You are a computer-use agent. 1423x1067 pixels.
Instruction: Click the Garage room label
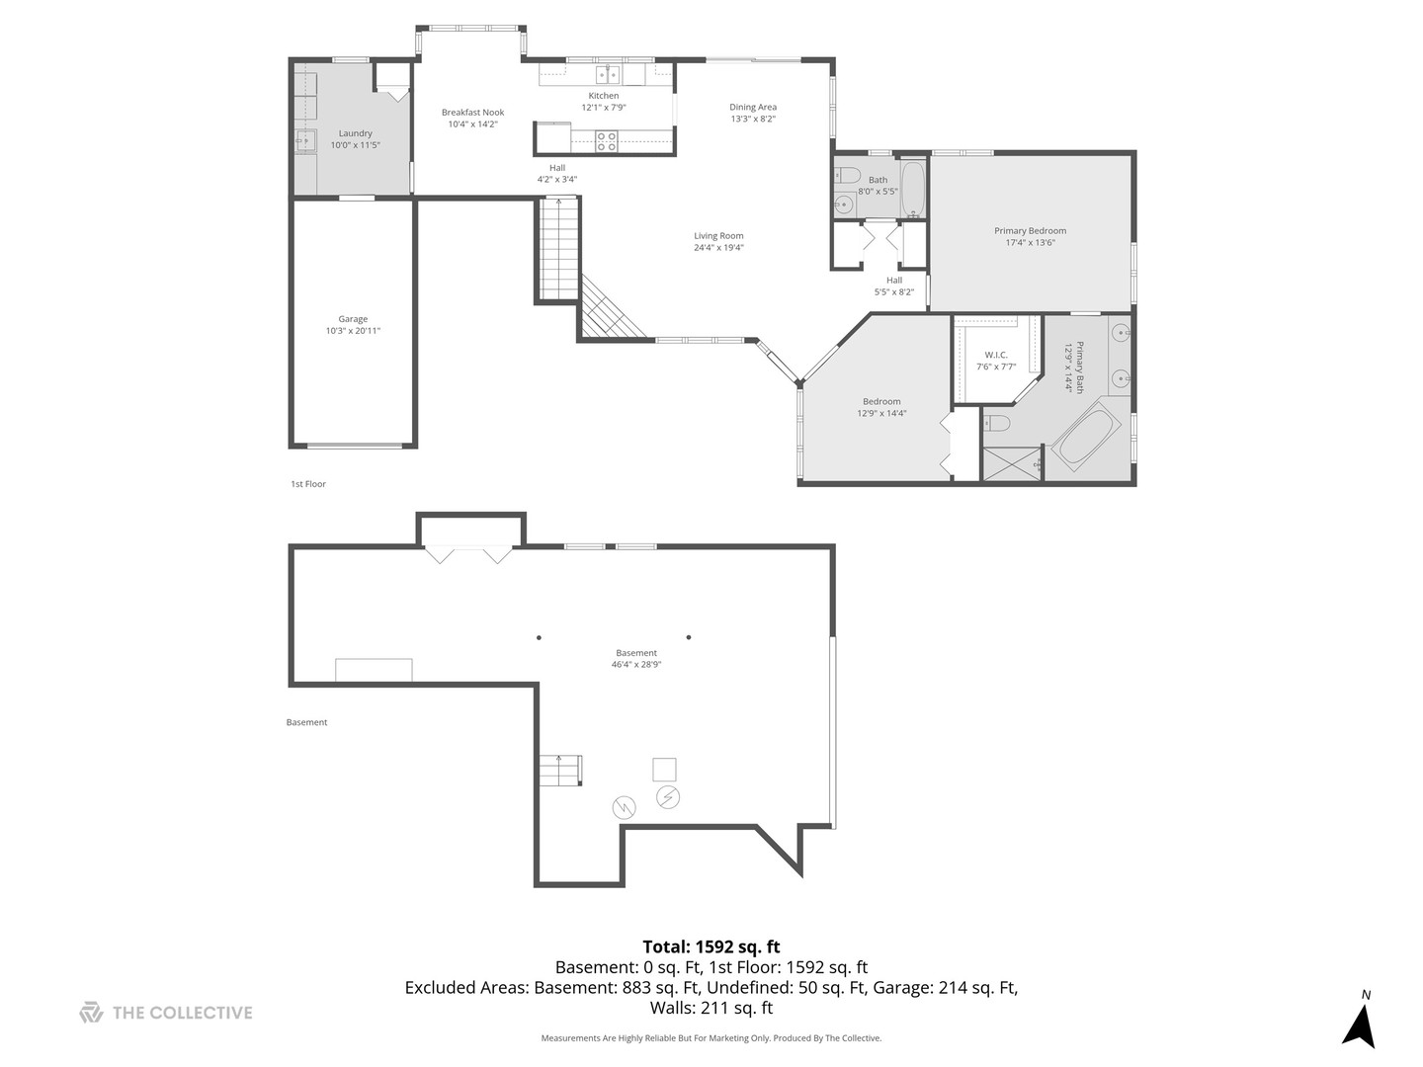click(x=353, y=319)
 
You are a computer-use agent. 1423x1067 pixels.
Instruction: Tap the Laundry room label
click(x=355, y=133)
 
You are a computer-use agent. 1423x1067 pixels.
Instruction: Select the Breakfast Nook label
click(x=472, y=113)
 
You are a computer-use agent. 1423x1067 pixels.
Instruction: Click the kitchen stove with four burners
click(x=607, y=141)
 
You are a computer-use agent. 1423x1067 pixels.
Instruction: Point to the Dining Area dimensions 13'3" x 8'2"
click(x=753, y=119)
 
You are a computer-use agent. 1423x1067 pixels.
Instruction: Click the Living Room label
click(x=718, y=236)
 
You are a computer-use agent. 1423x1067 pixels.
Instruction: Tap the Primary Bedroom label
click(x=1030, y=231)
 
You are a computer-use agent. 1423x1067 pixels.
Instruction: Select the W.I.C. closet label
click(x=995, y=355)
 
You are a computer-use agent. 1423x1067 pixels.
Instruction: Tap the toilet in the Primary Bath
click(x=997, y=424)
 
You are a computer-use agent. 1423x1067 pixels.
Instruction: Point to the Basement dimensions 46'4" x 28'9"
click(x=635, y=665)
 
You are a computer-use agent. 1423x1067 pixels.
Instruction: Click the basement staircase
click(x=560, y=770)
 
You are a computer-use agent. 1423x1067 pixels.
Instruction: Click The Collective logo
click(x=166, y=1013)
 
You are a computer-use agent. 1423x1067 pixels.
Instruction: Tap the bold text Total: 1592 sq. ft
click(x=711, y=947)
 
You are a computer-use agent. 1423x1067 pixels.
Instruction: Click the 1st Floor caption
click(x=307, y=484)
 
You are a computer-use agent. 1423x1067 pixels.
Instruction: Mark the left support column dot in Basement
click(x=539, y=637)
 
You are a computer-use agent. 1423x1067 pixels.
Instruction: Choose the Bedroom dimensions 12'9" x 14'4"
click(x=881, y=414)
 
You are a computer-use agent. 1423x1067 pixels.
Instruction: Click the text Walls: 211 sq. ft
click(x=711, y=1009)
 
